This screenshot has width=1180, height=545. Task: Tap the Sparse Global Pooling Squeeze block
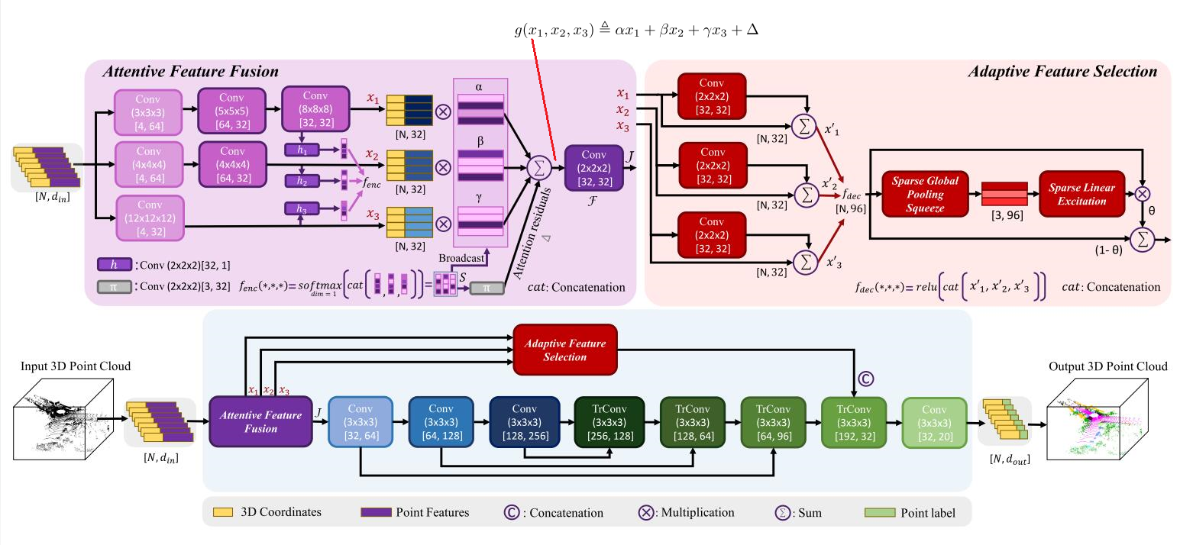[x=924, y=193]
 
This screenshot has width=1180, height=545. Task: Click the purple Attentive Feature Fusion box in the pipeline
[x=260, y=422]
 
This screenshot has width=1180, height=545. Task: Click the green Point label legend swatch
[x=877, y=512]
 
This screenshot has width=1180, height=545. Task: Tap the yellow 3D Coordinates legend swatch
[x=222, y=512]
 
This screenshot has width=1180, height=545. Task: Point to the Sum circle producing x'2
[x=805, y=195]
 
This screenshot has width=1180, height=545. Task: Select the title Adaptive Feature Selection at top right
[x=1062, y=73]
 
